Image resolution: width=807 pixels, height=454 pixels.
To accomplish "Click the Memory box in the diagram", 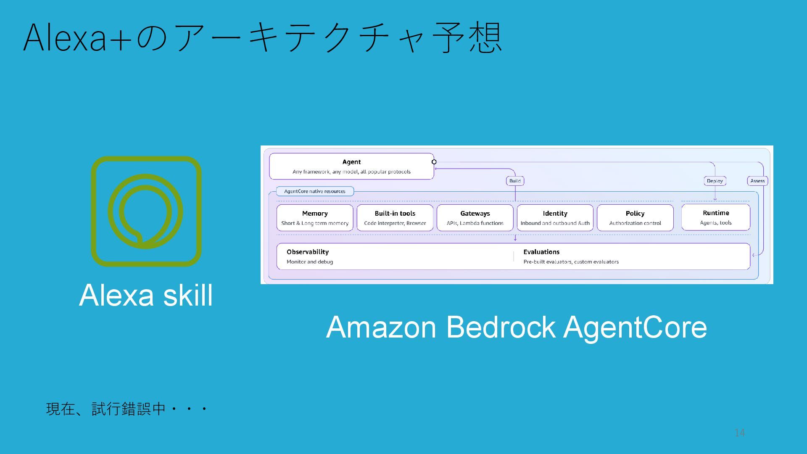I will coord(315,218).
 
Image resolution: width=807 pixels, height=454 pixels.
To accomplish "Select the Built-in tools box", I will coord(395,218).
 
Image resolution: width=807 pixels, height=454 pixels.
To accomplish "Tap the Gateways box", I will coord(475,218).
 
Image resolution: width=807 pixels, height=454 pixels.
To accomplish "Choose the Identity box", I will coord(555,218).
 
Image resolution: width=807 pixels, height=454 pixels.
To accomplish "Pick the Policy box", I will coord(635,218).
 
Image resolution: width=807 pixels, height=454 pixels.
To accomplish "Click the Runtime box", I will coord(716,217).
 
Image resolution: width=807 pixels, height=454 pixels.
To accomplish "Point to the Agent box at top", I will coord(351,166).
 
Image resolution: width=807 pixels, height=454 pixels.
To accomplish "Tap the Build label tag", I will coord(515,181).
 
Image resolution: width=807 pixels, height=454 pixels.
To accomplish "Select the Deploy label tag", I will coord(715,181).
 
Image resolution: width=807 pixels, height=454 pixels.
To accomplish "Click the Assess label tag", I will coord(757,181).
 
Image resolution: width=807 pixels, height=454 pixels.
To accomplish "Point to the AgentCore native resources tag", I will coord(315,191).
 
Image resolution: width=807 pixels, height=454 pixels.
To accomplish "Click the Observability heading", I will coord(308,252).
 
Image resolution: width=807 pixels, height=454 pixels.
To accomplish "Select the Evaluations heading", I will coord(541,252).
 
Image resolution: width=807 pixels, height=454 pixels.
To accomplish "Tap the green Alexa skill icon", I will coord(146,211).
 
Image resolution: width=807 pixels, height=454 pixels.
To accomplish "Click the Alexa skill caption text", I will coord(146,295).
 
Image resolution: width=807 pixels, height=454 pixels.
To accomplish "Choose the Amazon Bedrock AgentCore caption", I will coord(517,327).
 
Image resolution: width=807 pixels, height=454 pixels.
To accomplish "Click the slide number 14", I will coord(740,433).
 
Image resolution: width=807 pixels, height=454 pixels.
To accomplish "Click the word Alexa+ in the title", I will coord(78,38).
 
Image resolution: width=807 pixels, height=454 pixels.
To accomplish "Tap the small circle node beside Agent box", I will coord(434,162).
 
